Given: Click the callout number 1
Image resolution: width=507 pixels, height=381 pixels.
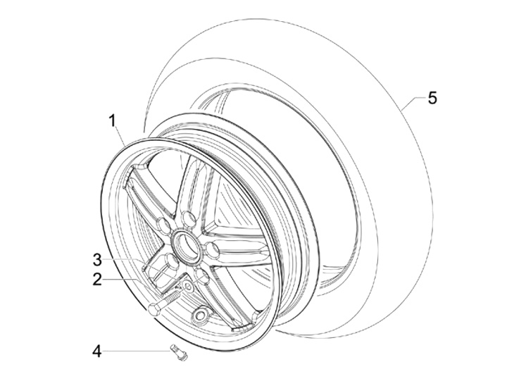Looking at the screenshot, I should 112,120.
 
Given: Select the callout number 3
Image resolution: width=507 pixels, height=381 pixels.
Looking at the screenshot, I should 98,258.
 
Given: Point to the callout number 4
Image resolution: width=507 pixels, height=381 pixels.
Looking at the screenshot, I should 98,350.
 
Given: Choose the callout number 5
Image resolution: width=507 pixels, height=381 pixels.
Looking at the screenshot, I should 432,98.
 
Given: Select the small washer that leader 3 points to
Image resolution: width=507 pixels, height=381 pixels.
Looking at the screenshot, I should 188,287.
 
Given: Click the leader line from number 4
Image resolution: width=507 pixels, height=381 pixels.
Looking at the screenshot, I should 137,350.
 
